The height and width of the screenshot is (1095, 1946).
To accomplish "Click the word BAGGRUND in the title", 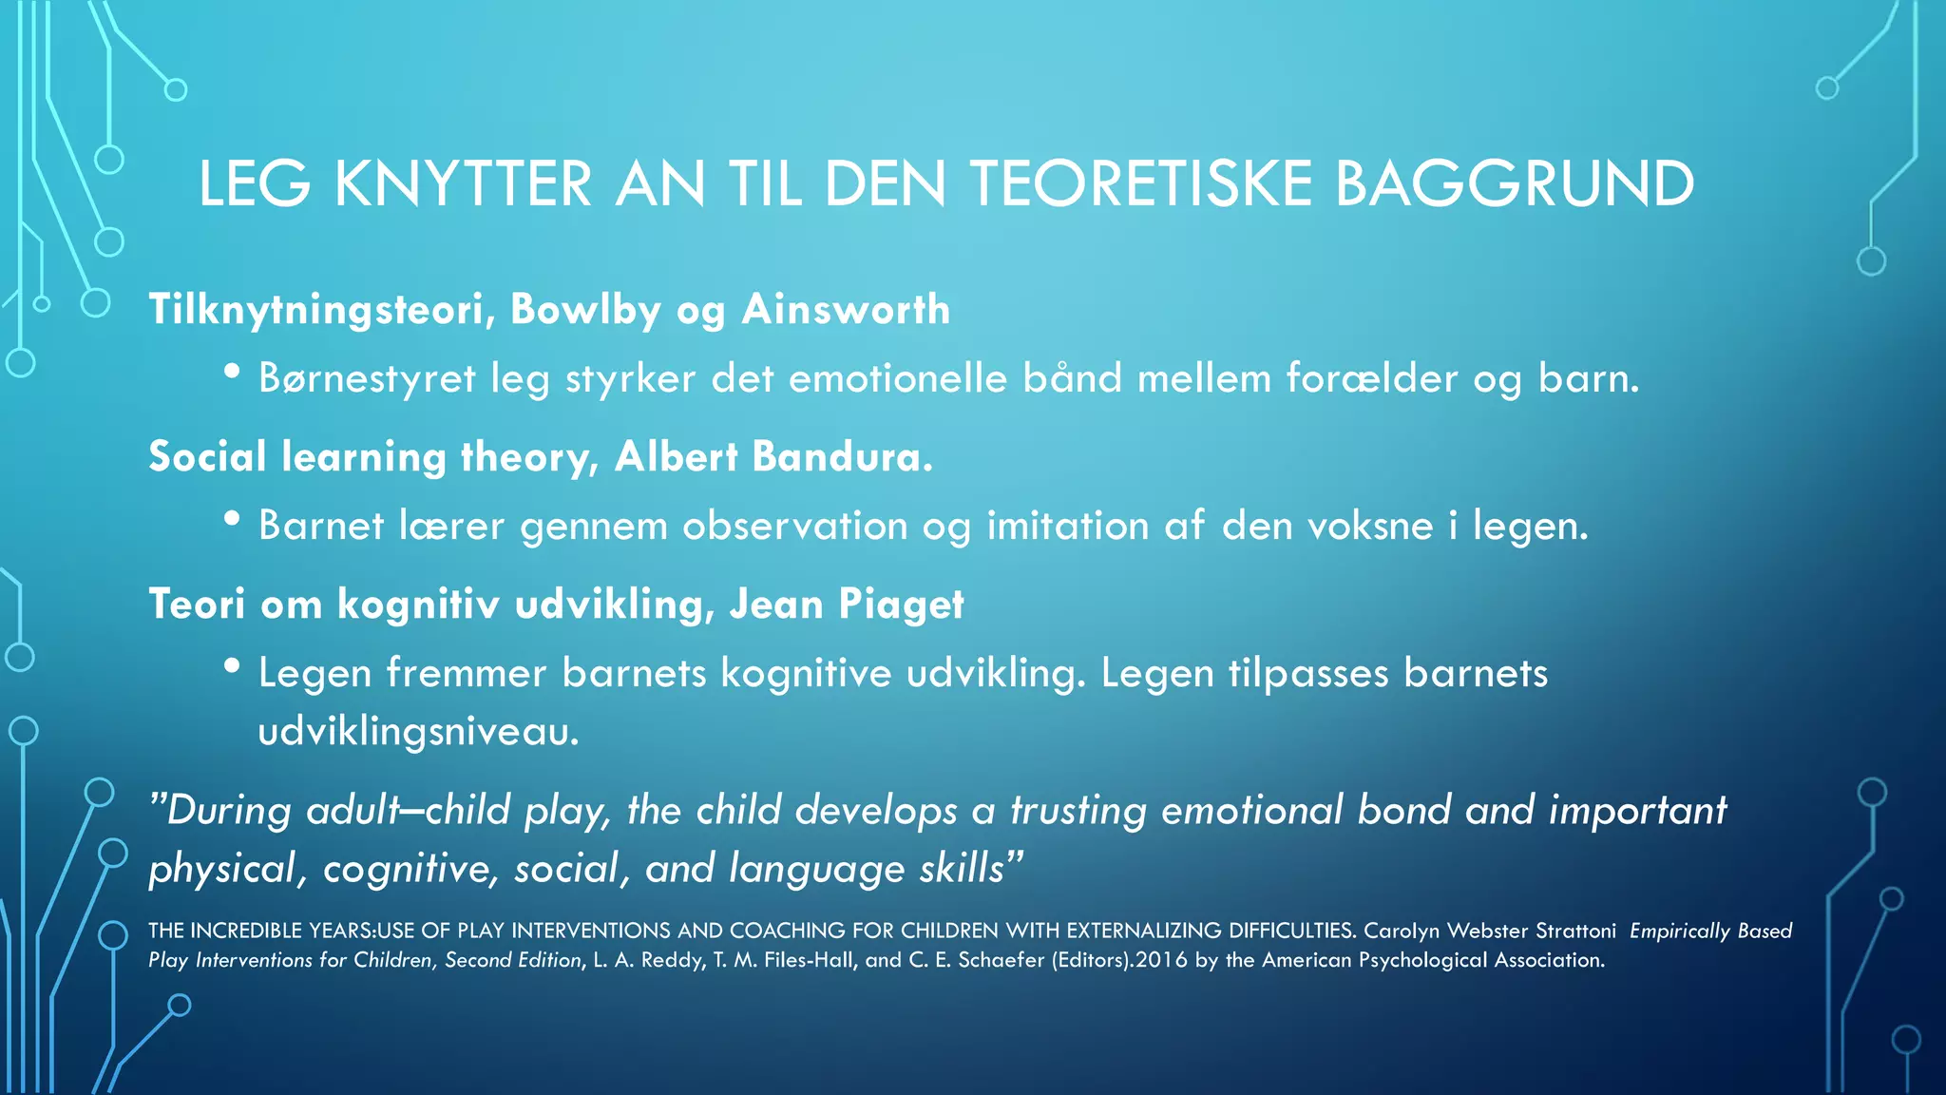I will [x=1515, y=183].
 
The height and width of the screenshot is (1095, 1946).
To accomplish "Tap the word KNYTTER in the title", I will [x=463, y=183].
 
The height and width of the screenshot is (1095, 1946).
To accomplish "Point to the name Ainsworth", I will [x=846, y=310].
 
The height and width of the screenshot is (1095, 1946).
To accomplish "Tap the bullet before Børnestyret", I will [x=232, y=373].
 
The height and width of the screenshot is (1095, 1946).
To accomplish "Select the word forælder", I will [x=1371, y=379].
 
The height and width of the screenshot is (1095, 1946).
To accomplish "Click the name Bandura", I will [x=842, y=457].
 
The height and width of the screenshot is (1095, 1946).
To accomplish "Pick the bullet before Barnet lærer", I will [x=232, y=520].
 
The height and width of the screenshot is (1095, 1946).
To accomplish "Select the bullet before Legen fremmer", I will [x=232, y=667].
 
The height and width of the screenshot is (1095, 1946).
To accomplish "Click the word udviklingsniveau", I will [x=418, y=732].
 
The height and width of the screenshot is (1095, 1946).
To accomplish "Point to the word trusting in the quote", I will [x=1078, y=811].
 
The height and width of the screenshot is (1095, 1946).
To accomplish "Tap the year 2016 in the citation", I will [x=1161, y=960].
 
